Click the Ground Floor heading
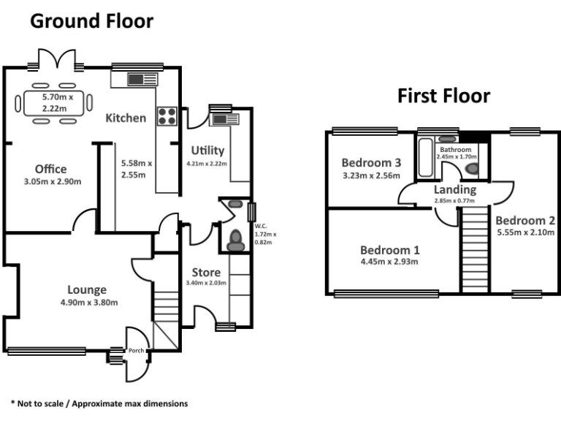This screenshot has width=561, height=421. point(91,22)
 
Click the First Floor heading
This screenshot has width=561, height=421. point(443,96)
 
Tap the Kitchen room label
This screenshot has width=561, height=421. point(126,118)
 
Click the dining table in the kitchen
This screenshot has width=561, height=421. point(54,103)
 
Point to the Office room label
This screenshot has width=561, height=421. point(50,170)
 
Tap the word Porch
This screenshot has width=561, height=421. point(137,350)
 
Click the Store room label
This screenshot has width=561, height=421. point(206,273)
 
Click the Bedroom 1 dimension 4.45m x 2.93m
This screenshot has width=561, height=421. point(389,261)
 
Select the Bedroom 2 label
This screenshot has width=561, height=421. point(525,221)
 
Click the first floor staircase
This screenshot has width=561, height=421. point(475,249)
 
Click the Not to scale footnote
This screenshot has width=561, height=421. point(99,403)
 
